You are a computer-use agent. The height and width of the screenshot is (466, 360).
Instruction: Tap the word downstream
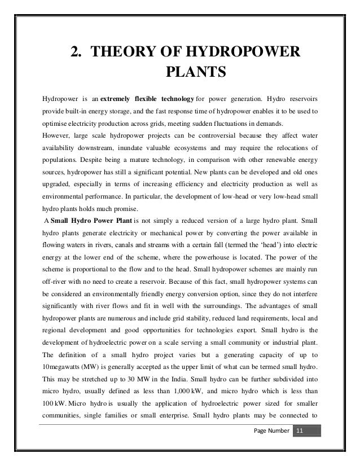[93, 148]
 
